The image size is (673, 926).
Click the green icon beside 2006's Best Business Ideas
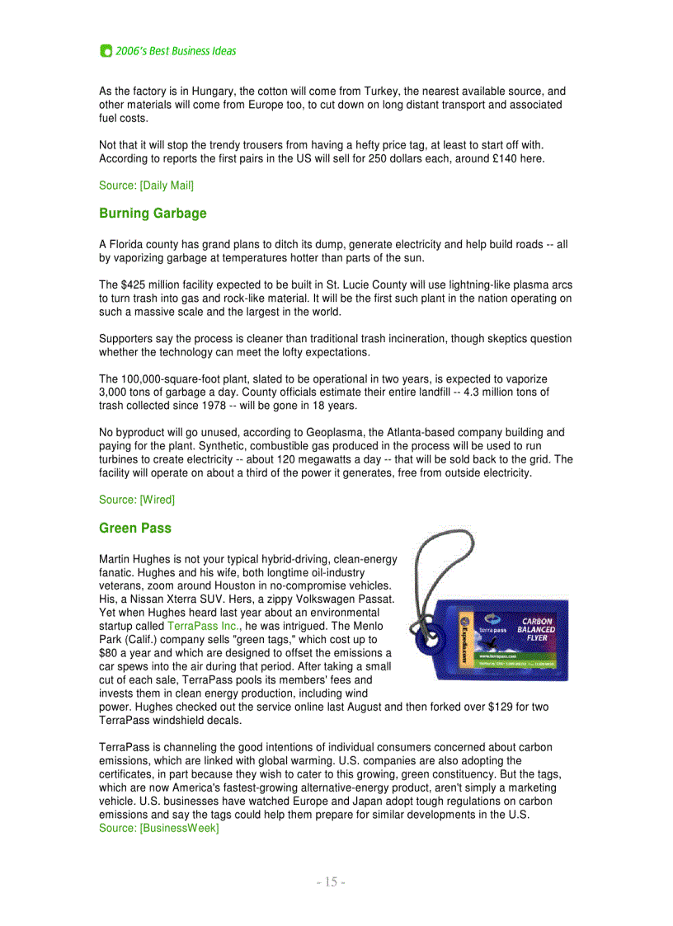(x=106, y=51)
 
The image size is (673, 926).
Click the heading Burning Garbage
(x=153, y=214)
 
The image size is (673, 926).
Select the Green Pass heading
(x=135, y=528)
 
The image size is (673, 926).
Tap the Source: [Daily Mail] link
(x=146, y=186)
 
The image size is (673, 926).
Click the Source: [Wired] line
(x=137, y=500)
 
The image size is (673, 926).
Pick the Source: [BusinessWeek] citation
(x=159, y=828)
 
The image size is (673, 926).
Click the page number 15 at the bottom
(x=330, y=882)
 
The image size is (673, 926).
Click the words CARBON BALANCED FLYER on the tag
(x=535, y=629)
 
